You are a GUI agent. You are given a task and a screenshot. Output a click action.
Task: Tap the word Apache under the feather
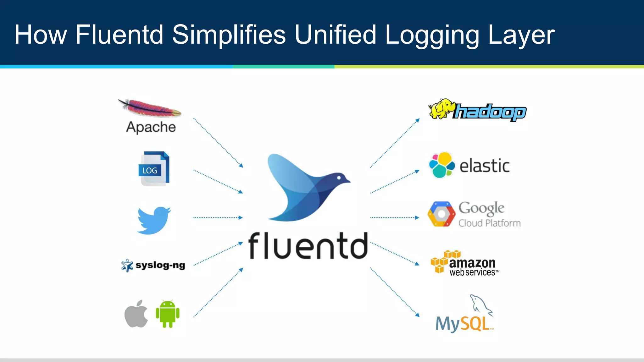click(x=151, y=127)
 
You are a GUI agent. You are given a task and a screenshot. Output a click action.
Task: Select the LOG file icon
click(x=154, y=169)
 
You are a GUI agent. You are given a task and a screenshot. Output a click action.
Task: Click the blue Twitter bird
click(x=154, y=220)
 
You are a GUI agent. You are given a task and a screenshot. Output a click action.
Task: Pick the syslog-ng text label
click(x=160, y=265)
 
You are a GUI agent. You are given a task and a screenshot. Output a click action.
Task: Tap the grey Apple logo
click(x=136, y=314)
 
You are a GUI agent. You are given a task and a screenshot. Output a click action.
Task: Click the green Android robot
click(x=168, y=314)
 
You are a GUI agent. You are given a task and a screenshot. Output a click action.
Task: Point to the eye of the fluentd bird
click(x=339, y=178)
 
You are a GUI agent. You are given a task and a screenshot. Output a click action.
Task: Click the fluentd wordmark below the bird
click(x=308, y=246)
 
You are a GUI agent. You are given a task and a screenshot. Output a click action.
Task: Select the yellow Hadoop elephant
click(x=441, y=109)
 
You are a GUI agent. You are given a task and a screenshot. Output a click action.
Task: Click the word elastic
click(x=484, y=166)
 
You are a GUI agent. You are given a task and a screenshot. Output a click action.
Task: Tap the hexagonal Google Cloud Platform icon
click(x=441, y=214)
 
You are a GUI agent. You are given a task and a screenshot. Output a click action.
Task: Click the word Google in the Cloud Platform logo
click(x=481, y=208)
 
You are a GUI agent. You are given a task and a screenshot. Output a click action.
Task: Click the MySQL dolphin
click(x=480, y=304)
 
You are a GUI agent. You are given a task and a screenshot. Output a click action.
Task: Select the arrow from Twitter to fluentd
click(x=218, y=217)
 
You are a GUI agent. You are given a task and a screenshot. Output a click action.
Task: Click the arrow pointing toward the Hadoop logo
click(x=395, y=143)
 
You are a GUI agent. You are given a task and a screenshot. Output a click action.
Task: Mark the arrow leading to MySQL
click(x=395, y=292)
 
